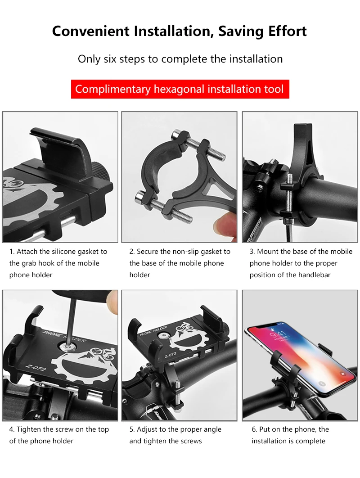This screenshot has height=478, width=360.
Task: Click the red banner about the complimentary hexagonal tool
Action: (x=180, y=89)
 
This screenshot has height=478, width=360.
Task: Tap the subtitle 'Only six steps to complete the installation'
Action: (x=180, y=59)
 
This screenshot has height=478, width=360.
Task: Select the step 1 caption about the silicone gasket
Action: (x=58, y=263)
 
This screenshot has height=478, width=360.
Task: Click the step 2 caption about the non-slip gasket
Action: (x=180, y=263)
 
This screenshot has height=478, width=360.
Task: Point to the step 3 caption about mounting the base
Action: (x=301, y=263)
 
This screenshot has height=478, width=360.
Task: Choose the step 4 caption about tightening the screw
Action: (x=59, y=435)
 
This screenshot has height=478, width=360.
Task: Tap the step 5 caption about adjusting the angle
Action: (x=175, y=435)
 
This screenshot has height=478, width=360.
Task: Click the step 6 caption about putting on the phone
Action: (x=290, y=435)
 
